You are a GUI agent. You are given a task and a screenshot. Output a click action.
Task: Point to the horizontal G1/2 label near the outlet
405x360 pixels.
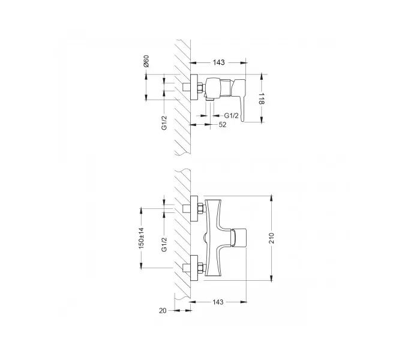(232, 114)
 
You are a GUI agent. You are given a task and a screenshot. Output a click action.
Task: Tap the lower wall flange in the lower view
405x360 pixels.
(195, 268)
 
